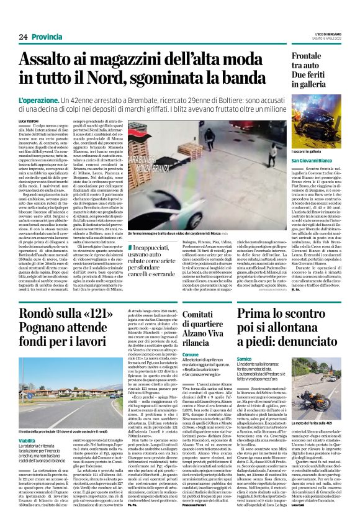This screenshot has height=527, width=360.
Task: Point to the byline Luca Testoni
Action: (x=47, y=120)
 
